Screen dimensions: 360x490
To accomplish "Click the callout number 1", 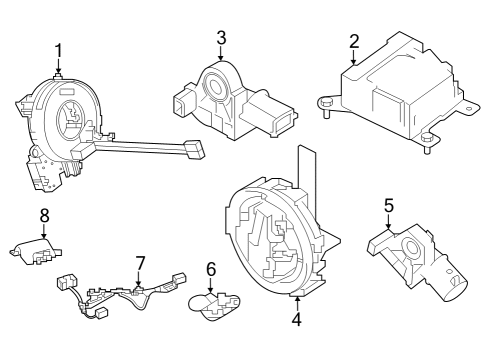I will tap(58, 50).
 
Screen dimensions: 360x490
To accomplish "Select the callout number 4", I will tap(296, 320).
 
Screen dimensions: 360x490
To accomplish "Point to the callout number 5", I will tap(389, 205).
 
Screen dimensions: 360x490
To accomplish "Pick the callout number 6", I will tap(211, 269).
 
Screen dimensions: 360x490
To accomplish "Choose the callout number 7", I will tap(140, 262).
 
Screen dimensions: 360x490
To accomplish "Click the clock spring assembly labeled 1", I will tap(65, 125).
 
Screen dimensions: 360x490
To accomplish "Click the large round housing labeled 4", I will tap(275, 235).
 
